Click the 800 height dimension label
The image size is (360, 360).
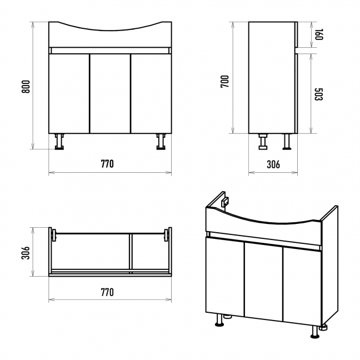(26, 87)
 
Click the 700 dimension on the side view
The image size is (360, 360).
(225, 81)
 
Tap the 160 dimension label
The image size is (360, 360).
(319, 34)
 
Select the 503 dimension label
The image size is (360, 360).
(319, 94)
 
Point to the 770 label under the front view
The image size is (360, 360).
(107, 164)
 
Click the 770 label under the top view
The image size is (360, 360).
(107, 292)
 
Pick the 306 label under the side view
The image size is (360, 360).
(273, 164)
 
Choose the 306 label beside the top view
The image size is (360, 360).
(26, 253)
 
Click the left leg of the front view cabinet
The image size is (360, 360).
(59, 142)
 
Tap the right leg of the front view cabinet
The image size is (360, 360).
(161, 142)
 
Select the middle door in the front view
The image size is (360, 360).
(110, 93)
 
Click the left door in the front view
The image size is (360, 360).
(69, 93)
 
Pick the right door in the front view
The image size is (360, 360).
(151, 93)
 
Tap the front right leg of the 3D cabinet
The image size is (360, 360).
(315, 332)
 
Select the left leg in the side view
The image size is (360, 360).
(263, 142)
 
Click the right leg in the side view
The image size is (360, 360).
(287, 142)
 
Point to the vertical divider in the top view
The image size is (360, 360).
(131, 253)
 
